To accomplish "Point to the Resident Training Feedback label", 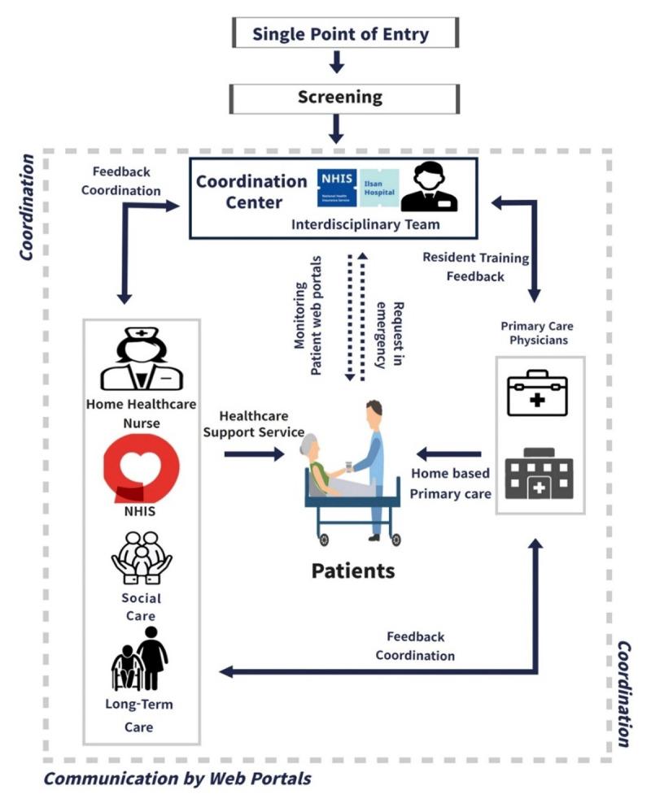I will pyautogui.click(x=475, y=267).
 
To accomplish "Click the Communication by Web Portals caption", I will pyautogui.click(x=177, y=779).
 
